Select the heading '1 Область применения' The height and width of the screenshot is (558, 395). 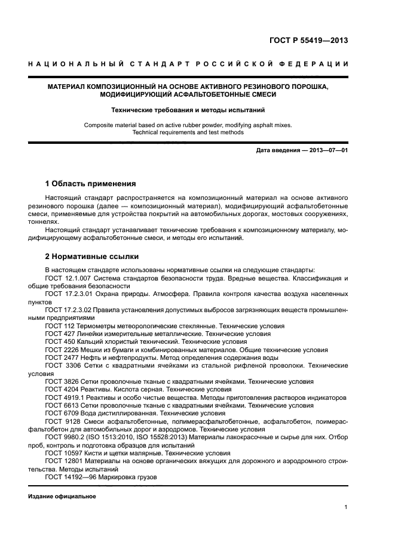[x=91, y=184]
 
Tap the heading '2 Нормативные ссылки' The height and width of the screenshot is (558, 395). [x=92, y=257]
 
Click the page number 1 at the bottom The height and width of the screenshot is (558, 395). [x=346, y=508]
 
